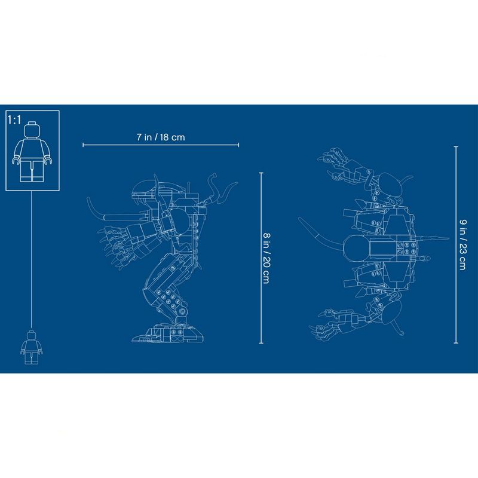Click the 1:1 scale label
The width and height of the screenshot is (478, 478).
pyautogui.click(x=14, y=120)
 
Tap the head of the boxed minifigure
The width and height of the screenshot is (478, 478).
pyautogui.click(x=32, y=130)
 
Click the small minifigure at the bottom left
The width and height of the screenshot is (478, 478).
pyautogui.click(x=31, y=347)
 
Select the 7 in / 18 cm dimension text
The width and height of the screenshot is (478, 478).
pyautogui.click(x=161, y=137)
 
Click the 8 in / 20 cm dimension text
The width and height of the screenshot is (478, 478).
pyautogui.click(x=266, y=258)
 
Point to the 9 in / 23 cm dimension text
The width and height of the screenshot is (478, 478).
pyautogui.click(x=462, y=244)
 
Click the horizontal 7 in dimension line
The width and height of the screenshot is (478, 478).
pyautogui.click(x=161, y=145)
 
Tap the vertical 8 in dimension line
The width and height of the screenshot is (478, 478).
pyautogui.click(x=261, y=258)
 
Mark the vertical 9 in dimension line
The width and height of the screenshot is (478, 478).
pyautogui.click(x=456, y=245)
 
